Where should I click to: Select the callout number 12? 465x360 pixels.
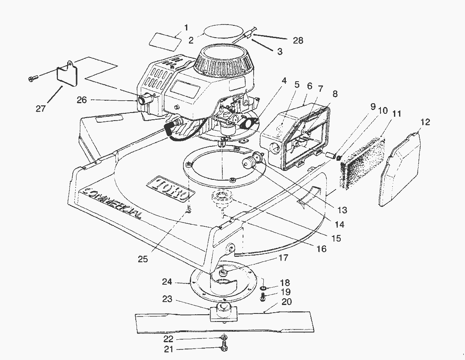tap(425, 122)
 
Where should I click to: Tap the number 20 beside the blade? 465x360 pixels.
tap(287, 302)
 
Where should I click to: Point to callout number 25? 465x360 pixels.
tap(143, 259)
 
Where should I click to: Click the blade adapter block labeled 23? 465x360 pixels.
tap(222, 313)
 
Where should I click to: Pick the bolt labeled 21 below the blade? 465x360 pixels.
tap(224, 348)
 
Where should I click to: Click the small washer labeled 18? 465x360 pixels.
tap(263, 288)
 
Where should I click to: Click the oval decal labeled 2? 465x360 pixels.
tap(223, 33)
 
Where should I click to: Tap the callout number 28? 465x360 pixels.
tap(298, 40)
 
